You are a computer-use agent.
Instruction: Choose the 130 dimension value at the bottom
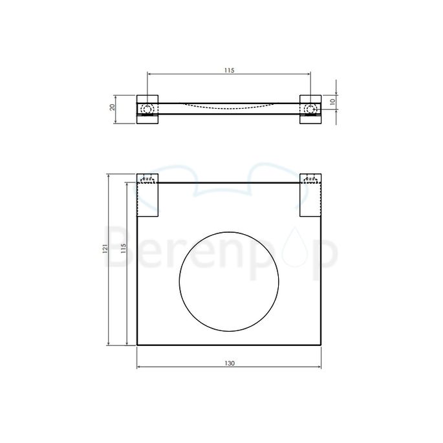pos(230,363)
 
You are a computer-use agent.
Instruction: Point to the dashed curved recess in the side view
pos(230,107)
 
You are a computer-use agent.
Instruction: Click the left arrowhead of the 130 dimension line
pos(140,367)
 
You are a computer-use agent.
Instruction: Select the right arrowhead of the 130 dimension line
pos(319,367)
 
